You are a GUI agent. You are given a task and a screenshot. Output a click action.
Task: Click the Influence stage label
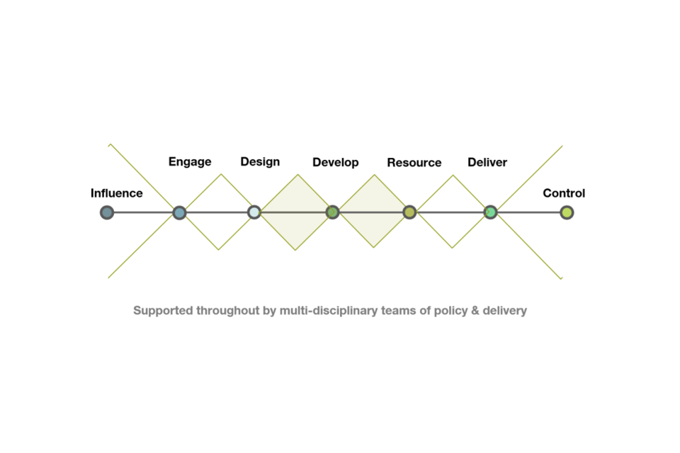pos(116,193)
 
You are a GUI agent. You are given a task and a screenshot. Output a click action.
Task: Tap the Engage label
pos(190,161)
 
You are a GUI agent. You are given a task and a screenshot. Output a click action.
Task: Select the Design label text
pos(260,161)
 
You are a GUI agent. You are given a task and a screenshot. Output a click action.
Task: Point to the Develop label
pos(335,162)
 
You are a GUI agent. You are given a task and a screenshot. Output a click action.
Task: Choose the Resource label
pos(414,162)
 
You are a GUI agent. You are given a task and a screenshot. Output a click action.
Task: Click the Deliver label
pos(487,162)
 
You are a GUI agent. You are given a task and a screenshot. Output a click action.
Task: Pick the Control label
pos(564,193)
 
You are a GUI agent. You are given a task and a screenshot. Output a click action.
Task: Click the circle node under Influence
pos(107,212)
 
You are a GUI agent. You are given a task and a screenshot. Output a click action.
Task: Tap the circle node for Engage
pos(179,212)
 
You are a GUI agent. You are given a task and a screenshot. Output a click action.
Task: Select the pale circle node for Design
pos(254,212)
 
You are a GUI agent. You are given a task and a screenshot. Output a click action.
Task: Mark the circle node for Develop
pos(332,212)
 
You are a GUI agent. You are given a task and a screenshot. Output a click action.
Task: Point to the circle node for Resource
pos(409,212)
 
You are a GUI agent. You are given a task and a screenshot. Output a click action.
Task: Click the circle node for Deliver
pos(490,212)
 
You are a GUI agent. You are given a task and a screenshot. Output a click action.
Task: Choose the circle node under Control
pos(567,212)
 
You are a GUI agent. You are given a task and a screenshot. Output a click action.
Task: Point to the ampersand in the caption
pos(475,311)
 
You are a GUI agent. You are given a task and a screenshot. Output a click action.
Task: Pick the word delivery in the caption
pos(505,311)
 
